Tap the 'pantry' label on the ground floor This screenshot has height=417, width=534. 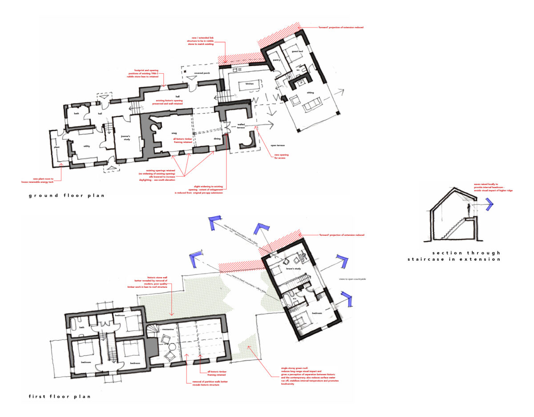276,55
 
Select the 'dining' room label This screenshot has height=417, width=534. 217,138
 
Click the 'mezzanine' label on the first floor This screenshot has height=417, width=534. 167,330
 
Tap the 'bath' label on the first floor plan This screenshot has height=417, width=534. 82,328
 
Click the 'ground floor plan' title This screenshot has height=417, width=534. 67,195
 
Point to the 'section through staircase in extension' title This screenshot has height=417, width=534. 454,256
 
